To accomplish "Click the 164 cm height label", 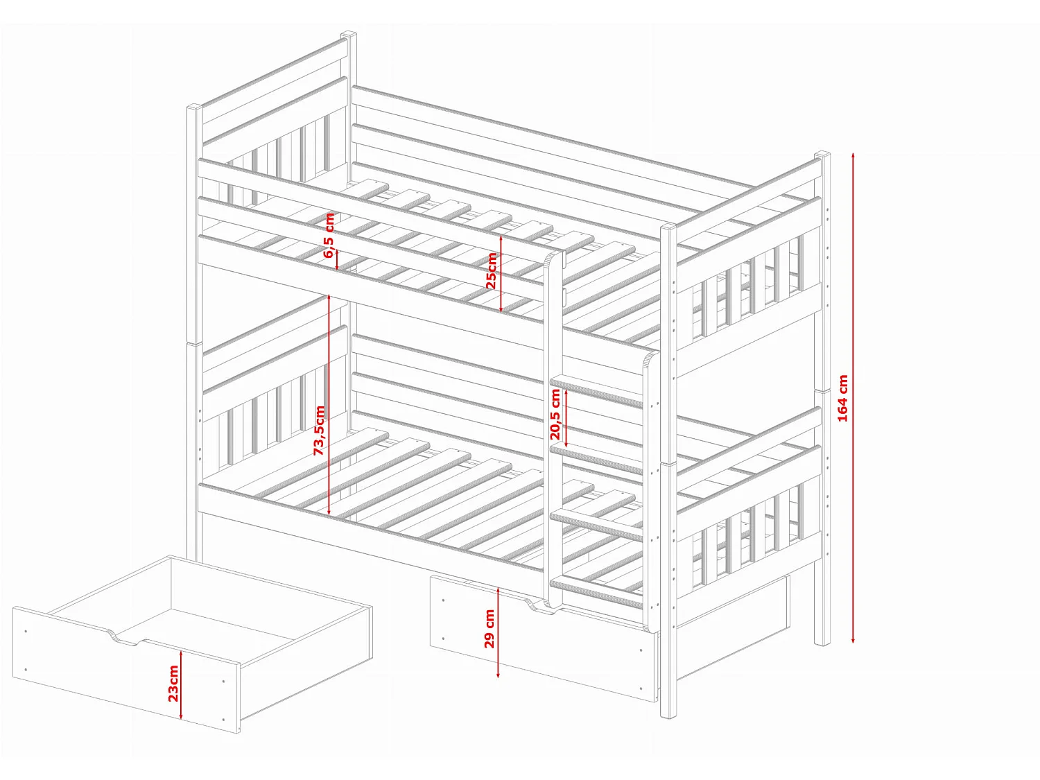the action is [842, 398].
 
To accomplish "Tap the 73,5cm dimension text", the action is [320, 430].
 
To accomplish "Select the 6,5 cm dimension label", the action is [329, 235].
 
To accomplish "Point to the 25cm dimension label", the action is [492, 270].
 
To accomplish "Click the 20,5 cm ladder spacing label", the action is [555, 414].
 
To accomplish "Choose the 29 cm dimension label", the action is [489, 628].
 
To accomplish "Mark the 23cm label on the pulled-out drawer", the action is [173, 684].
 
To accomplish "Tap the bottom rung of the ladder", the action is [596, 591].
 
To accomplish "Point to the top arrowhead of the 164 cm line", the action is [853, 155].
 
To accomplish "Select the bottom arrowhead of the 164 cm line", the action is [853, 639].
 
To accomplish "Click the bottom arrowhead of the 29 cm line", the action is [498, 674].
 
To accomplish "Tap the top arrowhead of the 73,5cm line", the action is [329, 297].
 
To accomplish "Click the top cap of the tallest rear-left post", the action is [348, 35].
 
